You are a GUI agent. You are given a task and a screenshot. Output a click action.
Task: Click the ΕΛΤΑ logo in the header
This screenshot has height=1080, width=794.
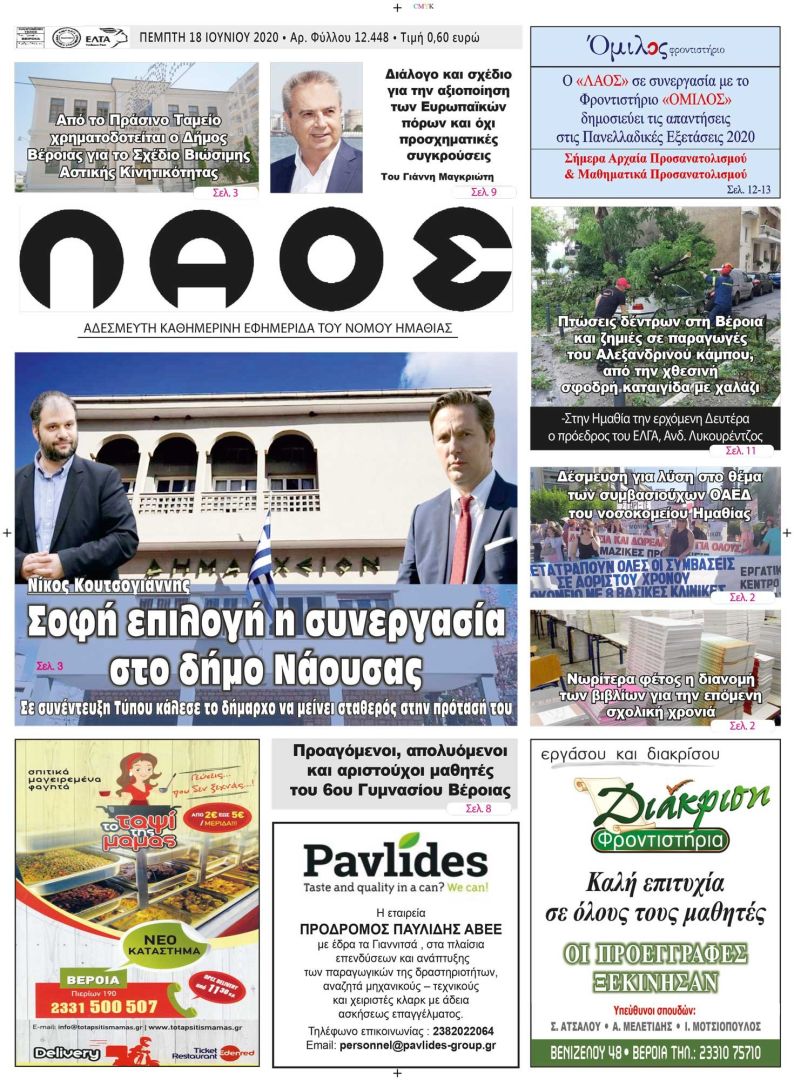pyautogui.click(x=106, y=38)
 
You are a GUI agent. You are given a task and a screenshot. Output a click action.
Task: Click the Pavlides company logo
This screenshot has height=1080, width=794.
pyautogui.click(x=395, y=860)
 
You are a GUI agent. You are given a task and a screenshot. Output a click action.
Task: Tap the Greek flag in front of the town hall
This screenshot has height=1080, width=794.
pyautogui.click(x=262, y=560)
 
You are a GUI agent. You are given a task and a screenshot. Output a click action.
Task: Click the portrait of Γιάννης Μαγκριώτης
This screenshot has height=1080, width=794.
pyautogui.click(x=315, y=128)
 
